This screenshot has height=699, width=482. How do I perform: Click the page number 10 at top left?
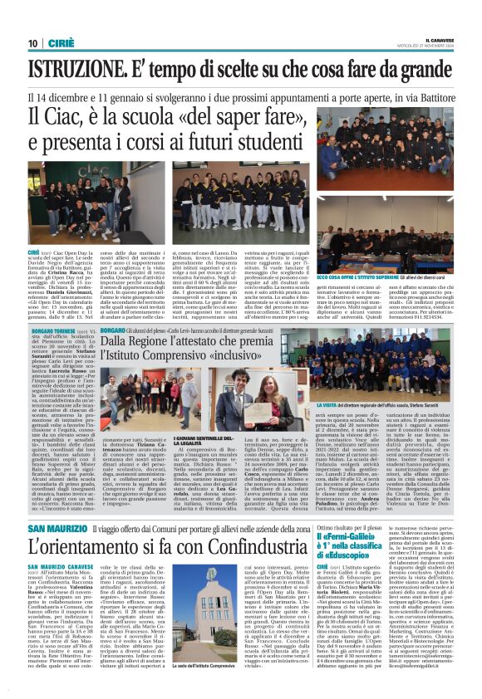click(33, 43)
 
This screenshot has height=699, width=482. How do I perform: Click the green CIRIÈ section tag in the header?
click(62, 43)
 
